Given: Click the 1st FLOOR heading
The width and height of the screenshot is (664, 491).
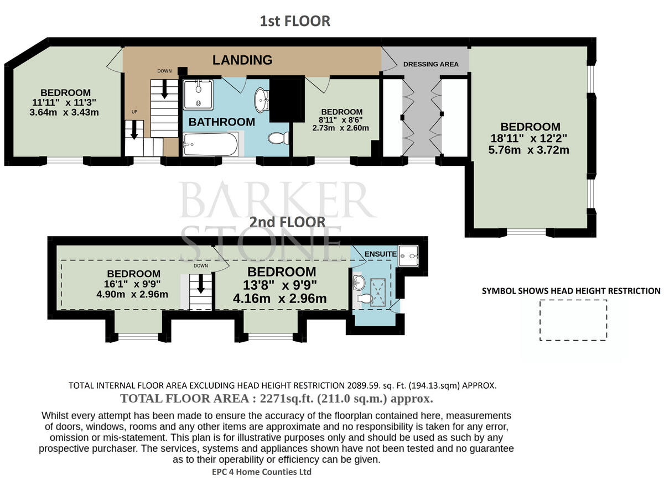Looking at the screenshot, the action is (x=295, y=21).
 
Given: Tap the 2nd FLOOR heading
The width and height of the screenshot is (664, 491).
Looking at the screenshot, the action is (x=287, y=222).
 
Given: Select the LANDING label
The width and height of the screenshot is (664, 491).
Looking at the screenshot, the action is (x=242, y=60).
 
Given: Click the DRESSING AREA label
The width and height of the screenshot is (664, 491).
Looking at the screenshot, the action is (x=431, y=64).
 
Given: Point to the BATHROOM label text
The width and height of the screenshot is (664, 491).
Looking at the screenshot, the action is (x=222, y=122).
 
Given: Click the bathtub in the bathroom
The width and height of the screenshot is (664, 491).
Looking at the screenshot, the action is (x=211, y=144).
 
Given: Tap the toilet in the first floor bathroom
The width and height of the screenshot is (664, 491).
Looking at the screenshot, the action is (x=278, y=138).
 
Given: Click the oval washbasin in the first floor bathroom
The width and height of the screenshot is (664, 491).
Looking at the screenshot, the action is (x=261, y=100).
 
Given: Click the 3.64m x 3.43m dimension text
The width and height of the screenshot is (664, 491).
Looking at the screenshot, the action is (x=64, y=112).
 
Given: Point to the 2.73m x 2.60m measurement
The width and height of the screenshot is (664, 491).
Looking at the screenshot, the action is (x=341, y=128).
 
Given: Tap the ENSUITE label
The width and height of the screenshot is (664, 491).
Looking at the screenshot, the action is (x=381, y=254).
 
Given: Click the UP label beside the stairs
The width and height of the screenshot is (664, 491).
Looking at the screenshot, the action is (x=134, y=112).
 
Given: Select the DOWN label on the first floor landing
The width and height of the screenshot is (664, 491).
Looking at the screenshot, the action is (x=165, y=71).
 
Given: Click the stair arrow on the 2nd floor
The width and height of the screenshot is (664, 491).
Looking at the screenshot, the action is (x=200, y=284).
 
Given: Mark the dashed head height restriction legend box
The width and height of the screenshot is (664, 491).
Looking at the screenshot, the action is (x=573, y=300).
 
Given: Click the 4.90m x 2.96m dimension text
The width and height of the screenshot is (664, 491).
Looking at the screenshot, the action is (x=132, y=294).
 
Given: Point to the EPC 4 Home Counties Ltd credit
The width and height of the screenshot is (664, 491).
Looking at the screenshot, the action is (x=262, y=472).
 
